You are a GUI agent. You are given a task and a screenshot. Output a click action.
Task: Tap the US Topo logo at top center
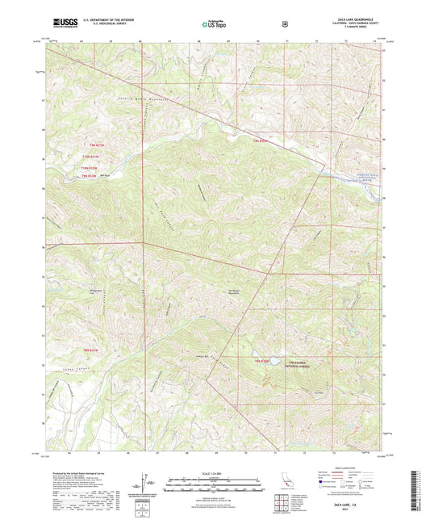point(214,25)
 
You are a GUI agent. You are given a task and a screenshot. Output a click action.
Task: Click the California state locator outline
point(286,482)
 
